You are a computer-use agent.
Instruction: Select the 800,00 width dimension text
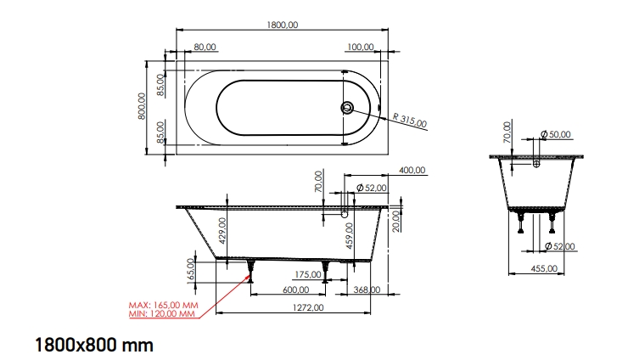(143, 107)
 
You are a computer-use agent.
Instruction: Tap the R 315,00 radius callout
(410, 121)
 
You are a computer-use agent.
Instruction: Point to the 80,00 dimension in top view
(205, 47)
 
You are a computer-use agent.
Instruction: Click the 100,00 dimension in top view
(361, 47)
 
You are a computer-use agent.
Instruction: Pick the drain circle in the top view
(346, 108)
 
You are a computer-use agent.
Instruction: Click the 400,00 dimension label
(412, 171)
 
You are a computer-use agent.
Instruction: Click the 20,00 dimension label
(396, 222)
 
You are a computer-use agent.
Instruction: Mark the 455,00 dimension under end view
(544, 268)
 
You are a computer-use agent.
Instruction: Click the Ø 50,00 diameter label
(557, 135)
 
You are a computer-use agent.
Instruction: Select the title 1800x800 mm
(93, 345)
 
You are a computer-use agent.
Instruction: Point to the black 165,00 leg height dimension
(191, 269)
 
